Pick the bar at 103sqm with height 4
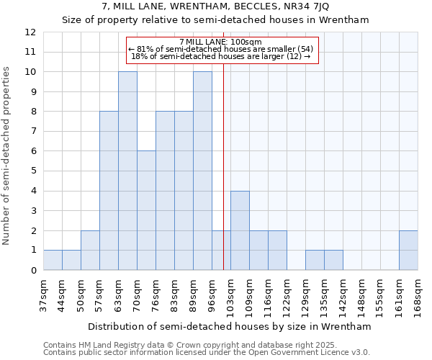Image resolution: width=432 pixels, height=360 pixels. [240, 230]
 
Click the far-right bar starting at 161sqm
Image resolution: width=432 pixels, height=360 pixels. [408, 251]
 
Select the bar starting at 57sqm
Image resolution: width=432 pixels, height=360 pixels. [109, 191]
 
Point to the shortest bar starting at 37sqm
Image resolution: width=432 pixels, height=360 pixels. [53, 260]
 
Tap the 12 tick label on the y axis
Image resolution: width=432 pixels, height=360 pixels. [30, 32]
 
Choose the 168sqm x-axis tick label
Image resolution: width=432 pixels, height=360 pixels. [418, 297]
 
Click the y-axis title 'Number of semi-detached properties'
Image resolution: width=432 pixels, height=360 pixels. [7, 156]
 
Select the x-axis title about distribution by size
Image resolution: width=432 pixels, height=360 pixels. [230, 326]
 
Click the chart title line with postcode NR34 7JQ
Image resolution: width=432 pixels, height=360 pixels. [215, 7]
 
